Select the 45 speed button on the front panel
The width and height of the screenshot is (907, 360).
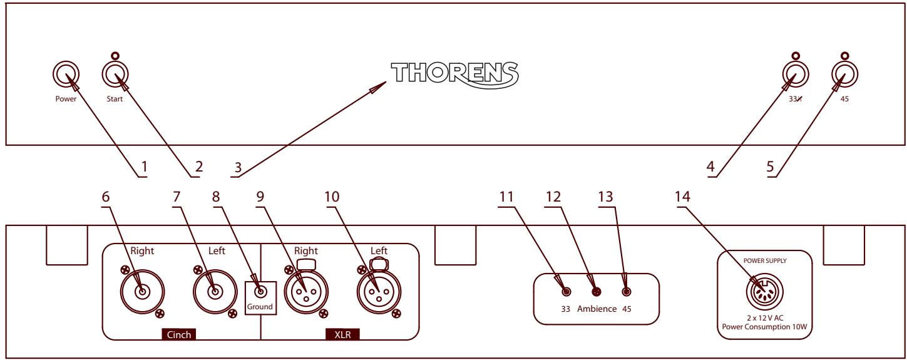point(844,76)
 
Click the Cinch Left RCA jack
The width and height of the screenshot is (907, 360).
point(215,291)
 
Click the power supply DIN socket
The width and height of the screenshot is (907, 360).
point(764,292)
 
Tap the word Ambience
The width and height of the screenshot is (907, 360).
point(596,309)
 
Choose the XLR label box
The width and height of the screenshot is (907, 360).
point(343,334)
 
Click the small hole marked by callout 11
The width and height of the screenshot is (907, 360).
point(566,292)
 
